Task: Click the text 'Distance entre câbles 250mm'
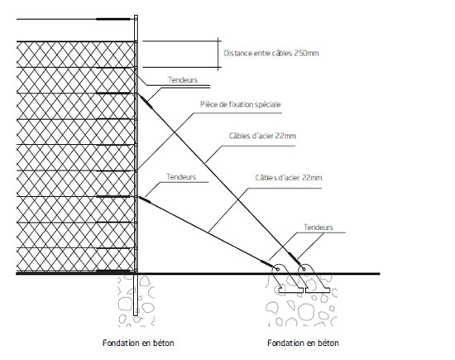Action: pos(271,53)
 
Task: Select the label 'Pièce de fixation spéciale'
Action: pos(240,104)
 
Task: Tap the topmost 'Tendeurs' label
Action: pos(183,79)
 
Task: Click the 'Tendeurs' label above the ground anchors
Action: pos(318,228)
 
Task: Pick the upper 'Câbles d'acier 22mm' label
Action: pos(262,136)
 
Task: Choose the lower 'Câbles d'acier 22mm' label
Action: pos(289,177)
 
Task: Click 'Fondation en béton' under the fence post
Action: pos(138,343)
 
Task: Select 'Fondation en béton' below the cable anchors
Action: pos(303,343)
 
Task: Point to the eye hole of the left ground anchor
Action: pos(277,270)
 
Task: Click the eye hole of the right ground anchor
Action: pos(304,269)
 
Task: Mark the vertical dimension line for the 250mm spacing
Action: pos(218,54)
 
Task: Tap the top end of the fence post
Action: pos(136,16)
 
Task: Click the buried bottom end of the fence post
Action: pos(135,315)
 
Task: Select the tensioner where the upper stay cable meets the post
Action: pos(146,102)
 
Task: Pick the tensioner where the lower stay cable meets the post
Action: pos(145,199)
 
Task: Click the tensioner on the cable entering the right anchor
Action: pos(295,258)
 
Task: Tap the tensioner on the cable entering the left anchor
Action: pos(267,264)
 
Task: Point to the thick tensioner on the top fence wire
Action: pos(113,19)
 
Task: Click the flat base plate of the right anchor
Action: pos(318,290)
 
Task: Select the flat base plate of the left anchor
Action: pos(290,290)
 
